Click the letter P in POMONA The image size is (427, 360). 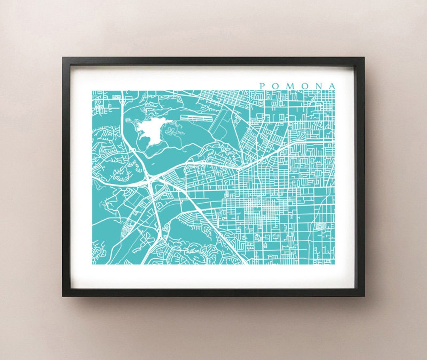[x=262, y=86]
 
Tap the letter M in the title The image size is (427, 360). [x=288, y=86]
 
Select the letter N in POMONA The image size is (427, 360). [x=318, y=86]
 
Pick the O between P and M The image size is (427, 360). [x=274, y=86]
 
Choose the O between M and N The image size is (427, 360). [x=304, y=86]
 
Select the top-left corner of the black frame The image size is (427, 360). [x=63, y=58]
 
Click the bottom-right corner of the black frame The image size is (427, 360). [x=364, y=296]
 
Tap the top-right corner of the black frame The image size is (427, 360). [x=364, y=58]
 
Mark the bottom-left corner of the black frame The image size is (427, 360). [x=63, y=296]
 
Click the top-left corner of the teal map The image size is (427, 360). [x=93, y=91]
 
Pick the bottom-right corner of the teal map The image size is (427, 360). [x=334, y=264]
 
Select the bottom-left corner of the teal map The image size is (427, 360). [x=93, y=264]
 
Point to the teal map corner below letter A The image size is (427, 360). [x=334, y=91]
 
